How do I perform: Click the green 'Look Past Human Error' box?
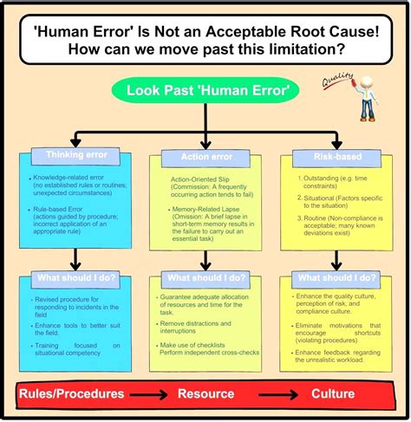point(205,91)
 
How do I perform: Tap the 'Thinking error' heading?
point(76,156)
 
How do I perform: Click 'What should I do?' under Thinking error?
point(76,278)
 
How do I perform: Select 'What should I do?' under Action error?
point(206,278)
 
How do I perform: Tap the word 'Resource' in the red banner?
point(205,393)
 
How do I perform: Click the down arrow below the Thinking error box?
point(76,256)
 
